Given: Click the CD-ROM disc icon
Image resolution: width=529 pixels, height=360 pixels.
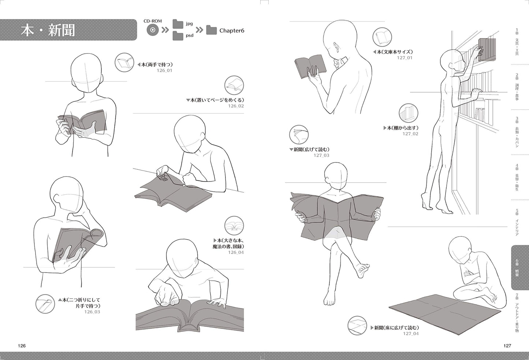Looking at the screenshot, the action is click(153, 30).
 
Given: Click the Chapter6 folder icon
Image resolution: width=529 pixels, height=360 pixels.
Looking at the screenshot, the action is click(211, 30).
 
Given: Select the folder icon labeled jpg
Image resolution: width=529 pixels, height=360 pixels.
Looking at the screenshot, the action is click(178, 24).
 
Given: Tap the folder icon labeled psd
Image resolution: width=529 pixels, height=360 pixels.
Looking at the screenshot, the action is click(178, 35).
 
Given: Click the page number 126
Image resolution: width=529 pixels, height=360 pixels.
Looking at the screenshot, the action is click(22, 346).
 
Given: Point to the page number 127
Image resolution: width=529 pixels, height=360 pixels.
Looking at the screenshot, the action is click(507, 346).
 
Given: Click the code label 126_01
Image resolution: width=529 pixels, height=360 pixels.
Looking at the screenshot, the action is click(164, 70).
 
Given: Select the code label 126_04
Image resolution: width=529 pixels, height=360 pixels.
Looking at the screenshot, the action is click(236, 252).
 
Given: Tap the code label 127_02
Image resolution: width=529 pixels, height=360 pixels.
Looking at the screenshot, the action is click(410, 134).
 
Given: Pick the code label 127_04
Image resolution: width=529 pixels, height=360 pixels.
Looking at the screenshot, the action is click(411, 333).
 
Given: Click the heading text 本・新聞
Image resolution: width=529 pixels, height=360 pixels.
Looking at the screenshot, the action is click(48, 30).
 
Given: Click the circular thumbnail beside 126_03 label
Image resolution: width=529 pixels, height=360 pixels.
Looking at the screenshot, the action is click(45, 304).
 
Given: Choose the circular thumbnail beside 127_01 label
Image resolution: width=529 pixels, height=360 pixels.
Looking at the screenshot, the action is click(382, 37).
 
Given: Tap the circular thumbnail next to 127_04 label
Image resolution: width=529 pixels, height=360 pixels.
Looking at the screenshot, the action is click(357, 326).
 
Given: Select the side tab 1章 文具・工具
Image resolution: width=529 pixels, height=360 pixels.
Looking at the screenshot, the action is click(517, 42).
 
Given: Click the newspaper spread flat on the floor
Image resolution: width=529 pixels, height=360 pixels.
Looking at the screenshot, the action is click(445, 314).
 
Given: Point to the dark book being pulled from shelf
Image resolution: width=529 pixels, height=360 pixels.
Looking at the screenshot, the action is click(487, 49).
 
